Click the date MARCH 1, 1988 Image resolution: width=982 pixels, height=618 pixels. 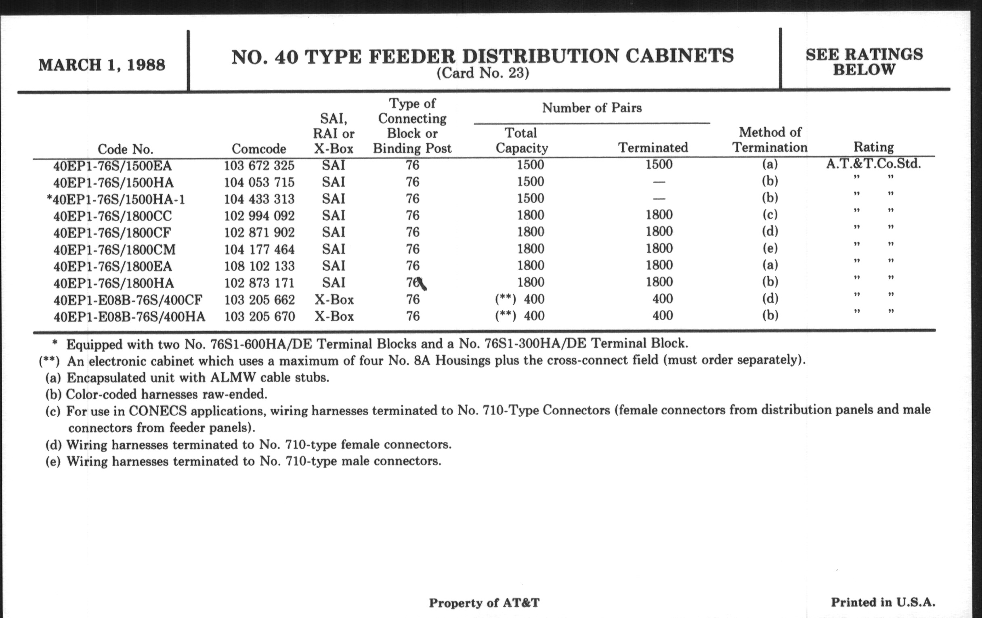pos(102,65)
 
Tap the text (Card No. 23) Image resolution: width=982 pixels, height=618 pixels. pos(483,74)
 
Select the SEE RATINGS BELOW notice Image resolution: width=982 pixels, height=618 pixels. pos(864,62)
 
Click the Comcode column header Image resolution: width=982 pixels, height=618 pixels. pos(259,149)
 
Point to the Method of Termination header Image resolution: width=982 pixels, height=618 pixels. pos(770,139)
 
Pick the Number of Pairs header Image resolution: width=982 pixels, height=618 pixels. pos(592,108)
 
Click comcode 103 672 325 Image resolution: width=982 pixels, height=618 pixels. pos(259,166)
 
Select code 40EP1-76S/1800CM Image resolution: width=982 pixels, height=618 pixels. pos(115,250)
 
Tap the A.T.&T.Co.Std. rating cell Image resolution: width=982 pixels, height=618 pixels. pos(873,164)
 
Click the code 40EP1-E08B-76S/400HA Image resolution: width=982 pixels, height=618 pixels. pos(129,317)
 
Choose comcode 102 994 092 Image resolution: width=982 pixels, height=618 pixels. pos(259,216)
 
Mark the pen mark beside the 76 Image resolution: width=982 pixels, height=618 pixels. pos(422,284)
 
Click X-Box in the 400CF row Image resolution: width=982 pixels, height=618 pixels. pos(334,300)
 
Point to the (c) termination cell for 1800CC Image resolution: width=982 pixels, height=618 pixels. pos(770,214)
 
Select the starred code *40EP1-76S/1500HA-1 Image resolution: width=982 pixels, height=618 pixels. pos(116,200)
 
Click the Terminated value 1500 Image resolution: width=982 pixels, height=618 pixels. pos(659,164)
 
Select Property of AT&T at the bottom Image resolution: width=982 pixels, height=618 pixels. pos(484,603)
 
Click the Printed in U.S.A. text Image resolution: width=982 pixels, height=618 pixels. pos(883,602)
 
